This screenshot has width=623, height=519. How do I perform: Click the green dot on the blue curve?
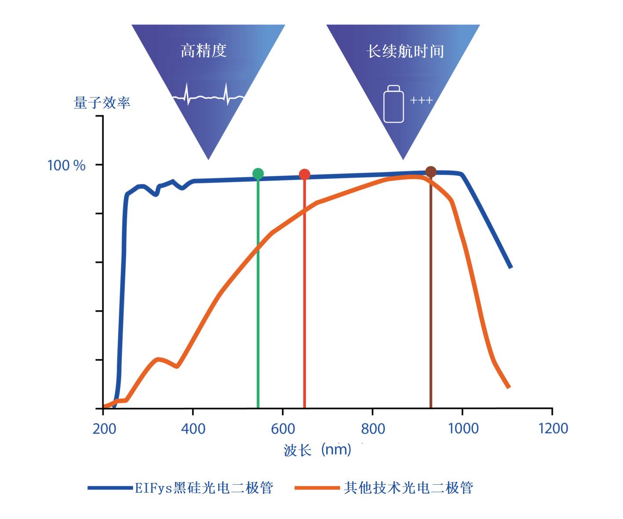pyautogui.click(x=258, y=174)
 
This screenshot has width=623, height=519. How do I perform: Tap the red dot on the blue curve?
pyautogui.click(x=304, y=174)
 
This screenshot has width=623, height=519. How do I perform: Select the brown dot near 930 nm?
pyautogui.click(x=431, y=171)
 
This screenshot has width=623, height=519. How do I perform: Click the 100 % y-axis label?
pyautogui.click(x=66, y=166)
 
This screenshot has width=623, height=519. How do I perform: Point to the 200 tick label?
pyautogui.click(x=104, y=428)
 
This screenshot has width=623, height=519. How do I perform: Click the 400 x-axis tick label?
pyautogui.click(x=193, y=428)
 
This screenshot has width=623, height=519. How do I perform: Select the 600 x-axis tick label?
pyautogui.click(x=283, y=428)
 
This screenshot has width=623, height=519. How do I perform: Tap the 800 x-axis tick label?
pyautogui.click(x=373, y=428)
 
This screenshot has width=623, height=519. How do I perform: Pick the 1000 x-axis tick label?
pyautogui.click(x=463, y=428)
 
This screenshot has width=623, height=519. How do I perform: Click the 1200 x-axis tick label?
pyautogui.click(x=553, y=428)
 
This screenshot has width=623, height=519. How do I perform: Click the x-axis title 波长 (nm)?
pyautogui.click(x=317, y=450)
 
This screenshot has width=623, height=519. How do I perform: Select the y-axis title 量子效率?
pyautogui.click(x=102, y=103)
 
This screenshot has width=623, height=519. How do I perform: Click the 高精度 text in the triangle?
pyautogui.click(x=204, y=51)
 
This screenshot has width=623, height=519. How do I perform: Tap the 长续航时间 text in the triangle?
pyautogui.click(x=405, y=51)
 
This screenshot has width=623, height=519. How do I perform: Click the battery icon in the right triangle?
pyautogui.click(x=393, y=104)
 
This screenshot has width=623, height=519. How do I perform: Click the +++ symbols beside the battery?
pyautogui.click(x=421, y=101)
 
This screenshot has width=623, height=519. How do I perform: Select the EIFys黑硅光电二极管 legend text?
pyautogui.click(x=204, y=488)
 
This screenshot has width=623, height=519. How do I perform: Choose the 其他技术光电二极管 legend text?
pyautogui.click(x=408, y=488)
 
